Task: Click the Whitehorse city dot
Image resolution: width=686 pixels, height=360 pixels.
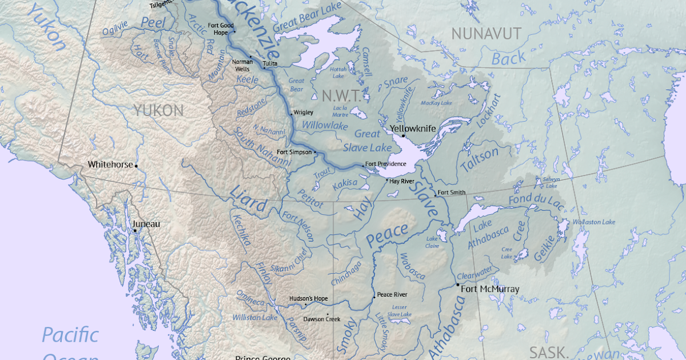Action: point(136,166)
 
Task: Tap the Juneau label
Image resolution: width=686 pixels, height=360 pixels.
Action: point(146,224)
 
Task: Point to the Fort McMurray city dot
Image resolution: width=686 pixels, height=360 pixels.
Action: point(458,285)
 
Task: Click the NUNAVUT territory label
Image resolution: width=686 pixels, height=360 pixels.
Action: point(486,34)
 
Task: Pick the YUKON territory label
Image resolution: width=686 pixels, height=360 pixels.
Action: point(158,110)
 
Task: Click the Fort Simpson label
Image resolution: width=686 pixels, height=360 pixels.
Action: point(294,152)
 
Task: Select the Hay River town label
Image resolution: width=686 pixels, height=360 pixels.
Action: point(401,181)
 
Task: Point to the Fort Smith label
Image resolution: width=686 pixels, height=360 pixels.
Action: point(452,192)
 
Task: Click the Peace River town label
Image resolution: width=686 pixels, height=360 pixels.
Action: point(392,295)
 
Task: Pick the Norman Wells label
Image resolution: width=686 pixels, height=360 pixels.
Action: point(242,65)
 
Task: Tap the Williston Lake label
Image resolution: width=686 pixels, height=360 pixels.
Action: point(254,317)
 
